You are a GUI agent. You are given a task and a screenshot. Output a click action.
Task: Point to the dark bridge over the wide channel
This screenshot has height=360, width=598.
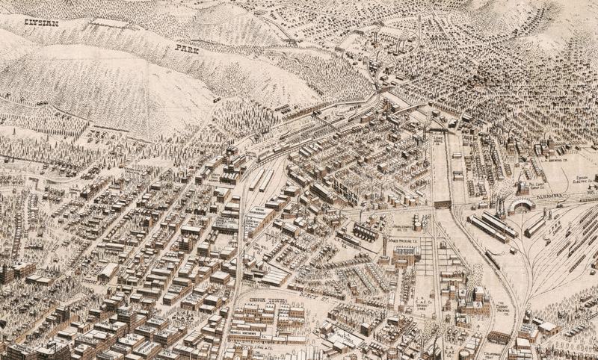[x=443, y=204]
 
